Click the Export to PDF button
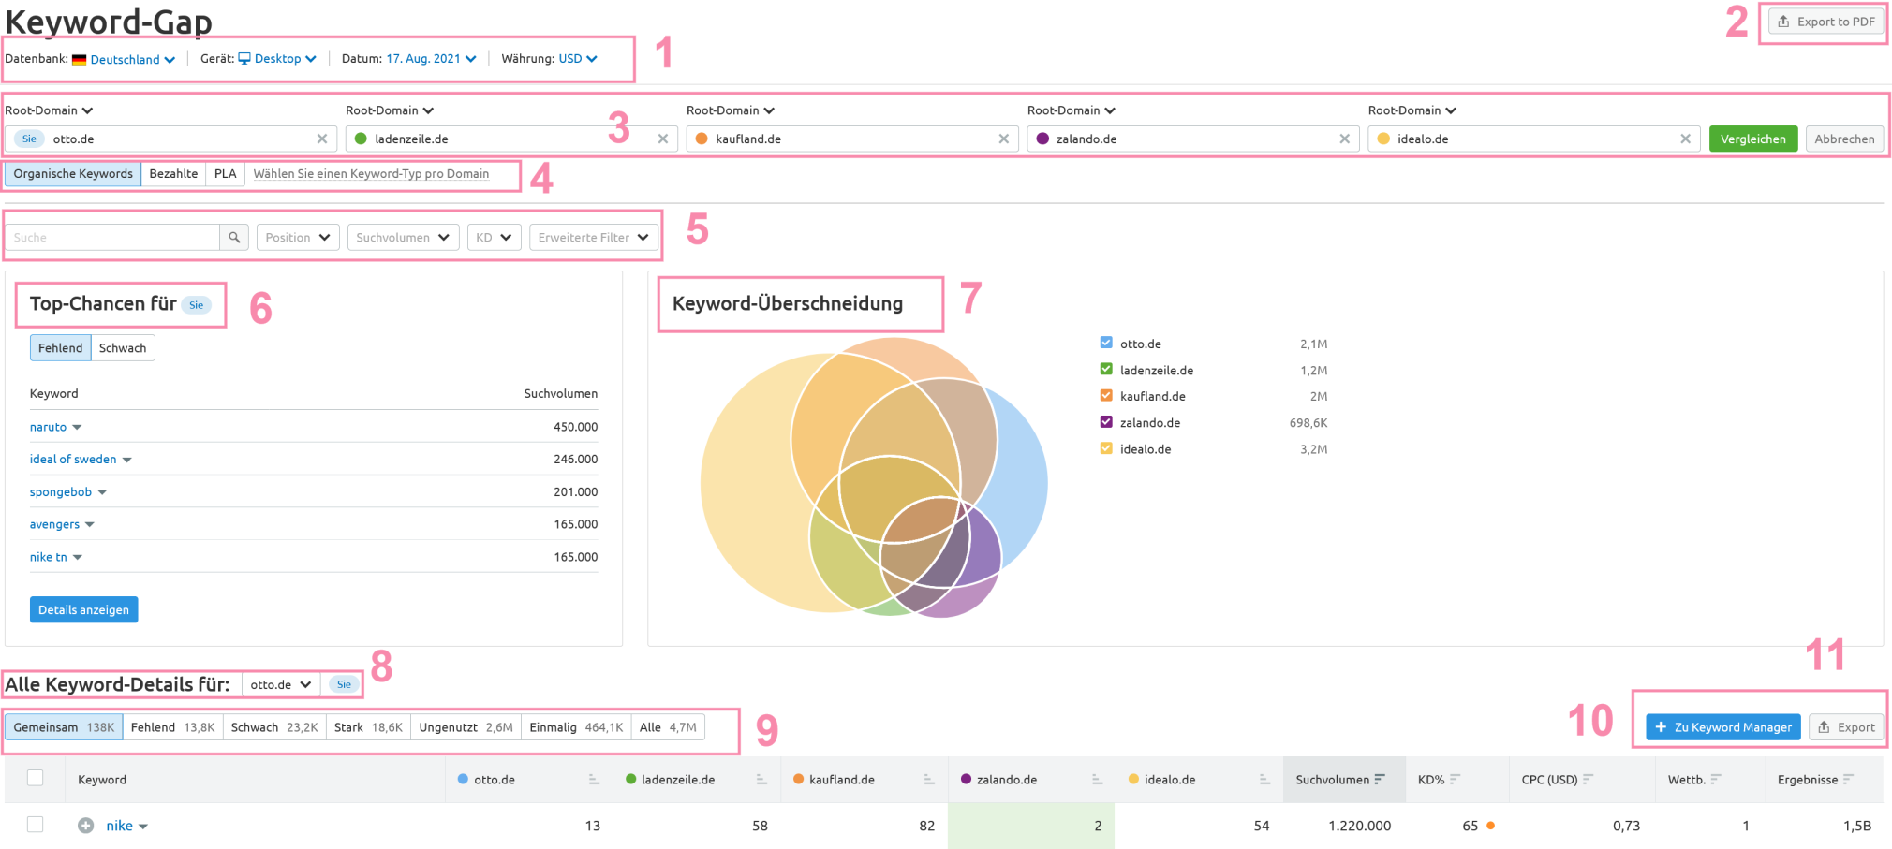pos(1825,22)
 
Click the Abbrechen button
pos(1843,139)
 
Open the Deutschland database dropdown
pos(132,59)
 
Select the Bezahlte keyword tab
pos(173,174)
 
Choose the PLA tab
pos(225,174)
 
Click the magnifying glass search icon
pos(234,238)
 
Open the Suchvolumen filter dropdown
pos(402,238)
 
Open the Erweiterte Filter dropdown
pos(592,238)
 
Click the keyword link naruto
pos(48,427)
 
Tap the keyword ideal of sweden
pos(73,460)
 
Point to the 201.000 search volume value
pos(575,492)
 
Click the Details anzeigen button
pos(83,610)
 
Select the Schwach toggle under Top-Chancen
pos(123,348)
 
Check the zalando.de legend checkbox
pos(1106,422)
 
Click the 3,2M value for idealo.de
pos(1313,449)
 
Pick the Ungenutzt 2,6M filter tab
pos(466,727)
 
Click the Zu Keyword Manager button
pos(1722,727)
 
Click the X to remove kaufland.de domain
pos(1003,139)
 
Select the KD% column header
pos(1431,780)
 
